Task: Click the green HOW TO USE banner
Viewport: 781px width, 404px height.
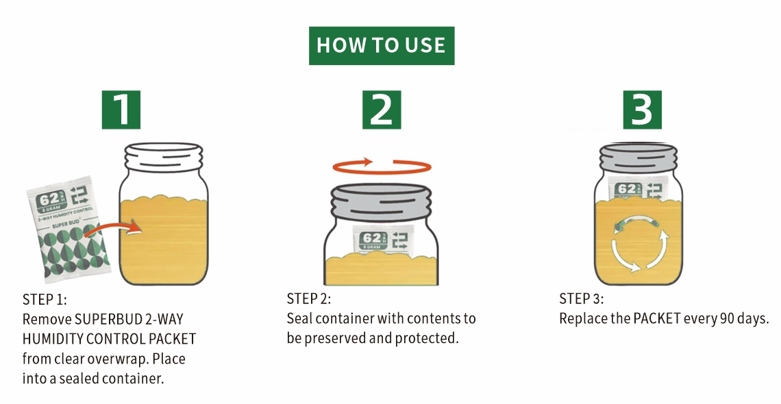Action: [382, 46]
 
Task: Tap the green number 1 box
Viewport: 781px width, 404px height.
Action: [121, 110]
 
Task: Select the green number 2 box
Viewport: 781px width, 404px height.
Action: [382, 110]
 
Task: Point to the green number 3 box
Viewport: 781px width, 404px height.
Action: [643, 110]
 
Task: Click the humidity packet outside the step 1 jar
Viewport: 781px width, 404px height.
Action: [69, 227]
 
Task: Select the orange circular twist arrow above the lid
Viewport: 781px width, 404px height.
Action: [382, 166]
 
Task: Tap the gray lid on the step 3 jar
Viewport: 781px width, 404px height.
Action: [638, 158]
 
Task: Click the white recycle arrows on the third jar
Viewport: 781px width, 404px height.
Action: [640, 244]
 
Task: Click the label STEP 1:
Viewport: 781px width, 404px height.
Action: [45, 299]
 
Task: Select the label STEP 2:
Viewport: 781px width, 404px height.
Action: [309, 299]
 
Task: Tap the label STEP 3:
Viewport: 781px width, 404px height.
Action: [581, 299]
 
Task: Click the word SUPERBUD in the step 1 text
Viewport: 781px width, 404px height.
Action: [108, 319]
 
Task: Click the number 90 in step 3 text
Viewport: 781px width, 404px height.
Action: [727, 318]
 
